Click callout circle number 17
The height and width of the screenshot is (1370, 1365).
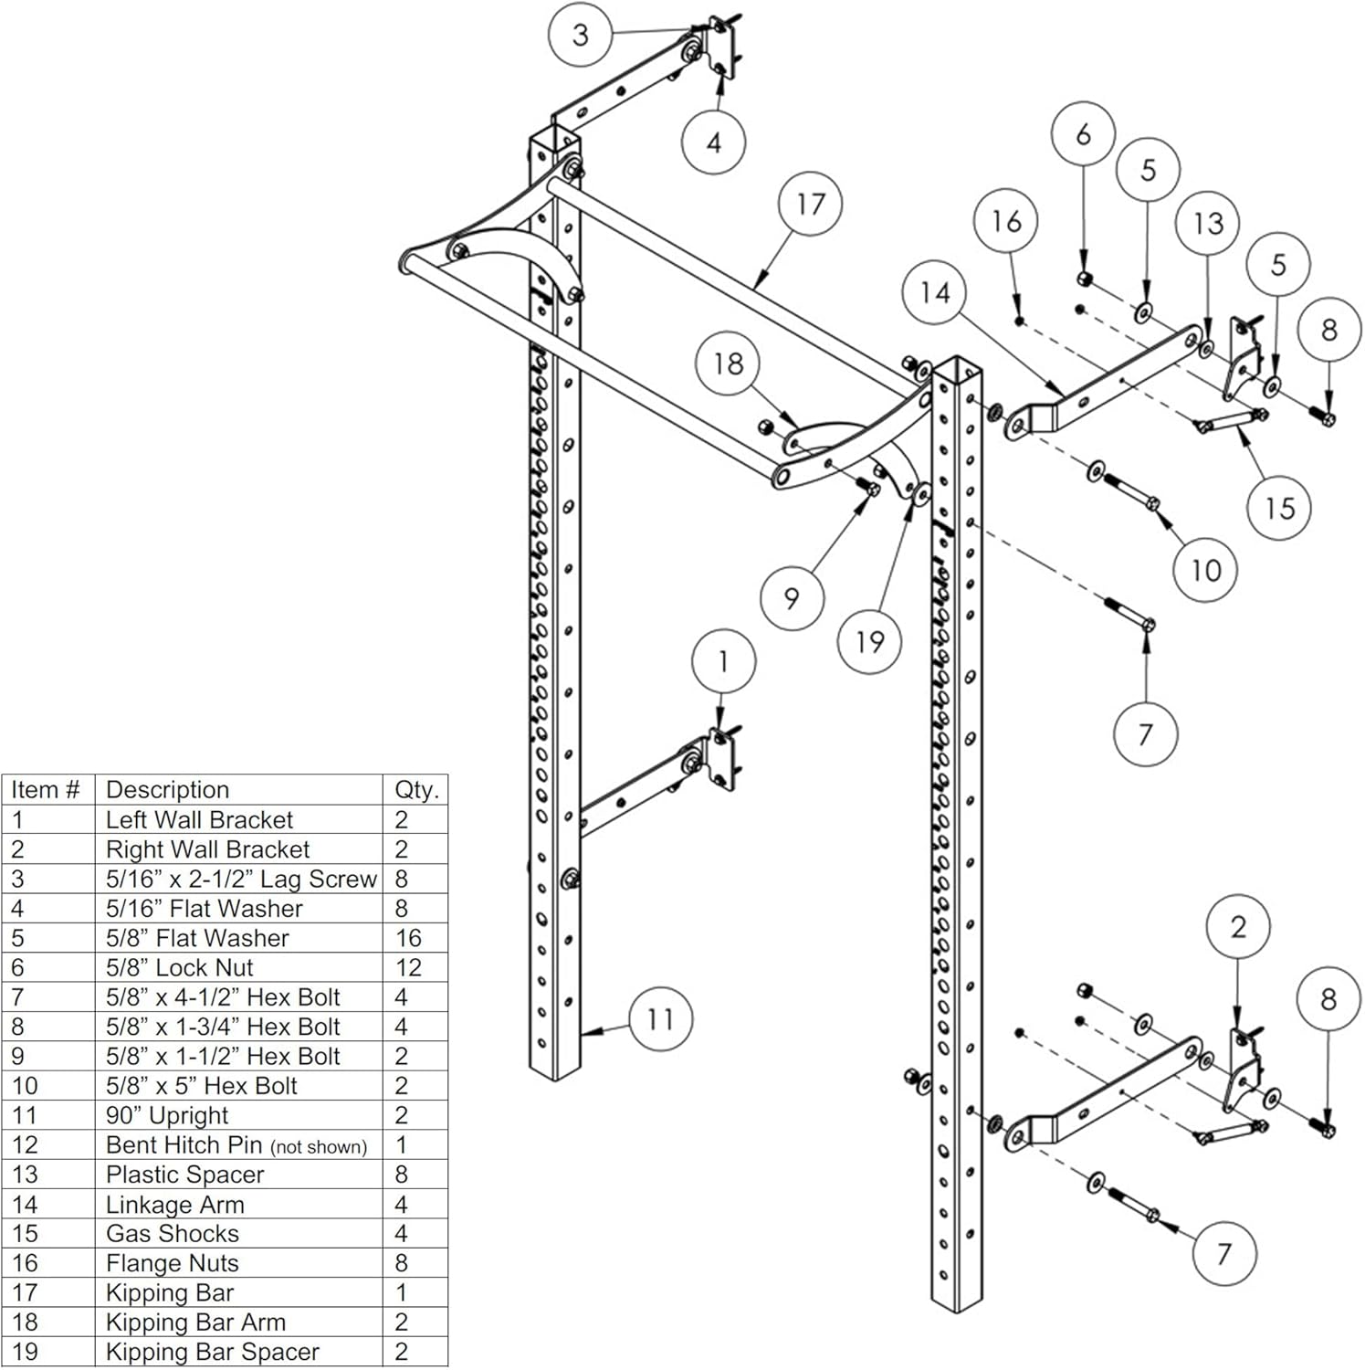(x=810, y=205)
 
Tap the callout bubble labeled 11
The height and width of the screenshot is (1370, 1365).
(x=660, y=1019)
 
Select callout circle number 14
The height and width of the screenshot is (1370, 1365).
(x=934, y=293)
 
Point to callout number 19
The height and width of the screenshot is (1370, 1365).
(x=869, y=642)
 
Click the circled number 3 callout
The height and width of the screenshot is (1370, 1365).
(x=580, y=36)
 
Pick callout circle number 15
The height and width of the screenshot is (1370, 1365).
(x=1279, y=508)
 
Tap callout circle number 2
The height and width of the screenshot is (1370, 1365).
(x=1237, y=928)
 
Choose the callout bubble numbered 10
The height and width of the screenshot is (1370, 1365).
(x=1205, y=571)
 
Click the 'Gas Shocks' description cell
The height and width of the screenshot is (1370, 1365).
(x=173, y=1234)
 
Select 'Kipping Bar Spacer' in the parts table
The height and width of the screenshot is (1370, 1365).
(x=212, y=1353)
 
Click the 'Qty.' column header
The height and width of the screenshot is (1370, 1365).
(x=416, y=790)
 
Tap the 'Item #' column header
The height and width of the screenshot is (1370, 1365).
(x=46, y=790)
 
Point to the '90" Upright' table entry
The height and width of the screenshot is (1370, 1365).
(x=167, y=1116)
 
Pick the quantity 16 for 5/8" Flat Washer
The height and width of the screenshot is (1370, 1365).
(x=408, y=938)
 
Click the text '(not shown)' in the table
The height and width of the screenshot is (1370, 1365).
(x=319, y=1147)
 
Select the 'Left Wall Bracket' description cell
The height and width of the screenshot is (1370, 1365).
(x=199, y=820)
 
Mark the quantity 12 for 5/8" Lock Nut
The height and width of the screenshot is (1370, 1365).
(x=408, y=968)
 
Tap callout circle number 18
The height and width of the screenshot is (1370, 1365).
(x=728, y=364)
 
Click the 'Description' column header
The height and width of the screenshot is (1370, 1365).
(x=167, y=790)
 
